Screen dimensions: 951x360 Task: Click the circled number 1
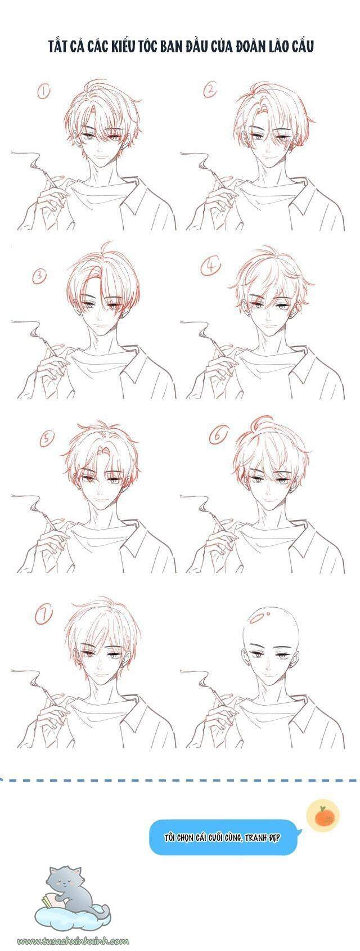pyautogui.click(x=43, y=91)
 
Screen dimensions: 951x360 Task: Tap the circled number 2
pyautogui.click(x=210, y=90)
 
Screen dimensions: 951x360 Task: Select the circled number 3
pyautogui.click(x=40, y=276)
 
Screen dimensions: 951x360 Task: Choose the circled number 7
pyautogui.click(x=43, y=615)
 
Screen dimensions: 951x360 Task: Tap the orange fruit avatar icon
pyautogui.click(x=323, y=815)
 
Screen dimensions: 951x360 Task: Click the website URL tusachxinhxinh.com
pyautogui.click(x=73, y=940)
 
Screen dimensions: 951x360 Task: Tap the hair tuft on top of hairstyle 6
pyautogui.click(x=256, y=423)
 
